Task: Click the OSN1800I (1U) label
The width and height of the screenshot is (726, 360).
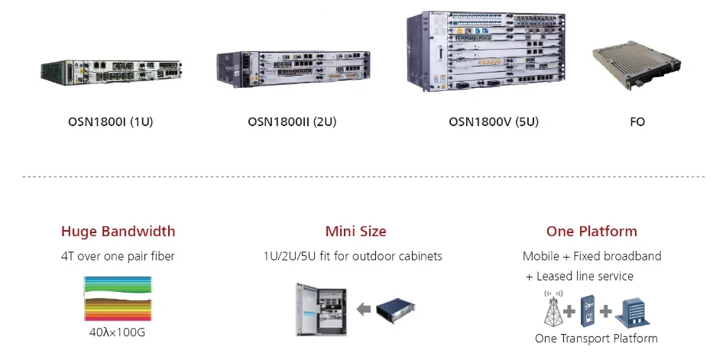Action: [110, 122]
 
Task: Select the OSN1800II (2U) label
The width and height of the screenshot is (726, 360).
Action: [292, 122]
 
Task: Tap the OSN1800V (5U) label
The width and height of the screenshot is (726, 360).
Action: [494, 122]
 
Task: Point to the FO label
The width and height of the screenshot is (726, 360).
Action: [637, 122]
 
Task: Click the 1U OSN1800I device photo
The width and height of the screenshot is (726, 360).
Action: [111, 73]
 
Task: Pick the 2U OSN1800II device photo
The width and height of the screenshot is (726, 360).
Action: [293, 69]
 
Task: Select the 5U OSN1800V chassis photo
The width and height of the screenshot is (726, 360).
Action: [486, 51]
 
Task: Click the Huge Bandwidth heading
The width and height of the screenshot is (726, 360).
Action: [118, 231]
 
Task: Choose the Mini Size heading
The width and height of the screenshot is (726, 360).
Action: [355, 231]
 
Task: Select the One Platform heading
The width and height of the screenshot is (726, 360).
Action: [591, 231]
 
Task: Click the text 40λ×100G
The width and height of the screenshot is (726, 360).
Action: [117, 332]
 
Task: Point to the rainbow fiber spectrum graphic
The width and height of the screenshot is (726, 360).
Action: [118, 298]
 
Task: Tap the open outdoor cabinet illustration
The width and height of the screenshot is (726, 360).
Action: [321, 309]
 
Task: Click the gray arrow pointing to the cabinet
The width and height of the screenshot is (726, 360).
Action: [364, 309]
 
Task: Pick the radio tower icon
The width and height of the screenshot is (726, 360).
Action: [553, 308]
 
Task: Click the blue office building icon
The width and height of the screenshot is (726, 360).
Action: [633, 313]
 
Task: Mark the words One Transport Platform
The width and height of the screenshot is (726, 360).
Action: [596, 339]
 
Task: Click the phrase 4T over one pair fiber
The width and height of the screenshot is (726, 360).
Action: [118, 256]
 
